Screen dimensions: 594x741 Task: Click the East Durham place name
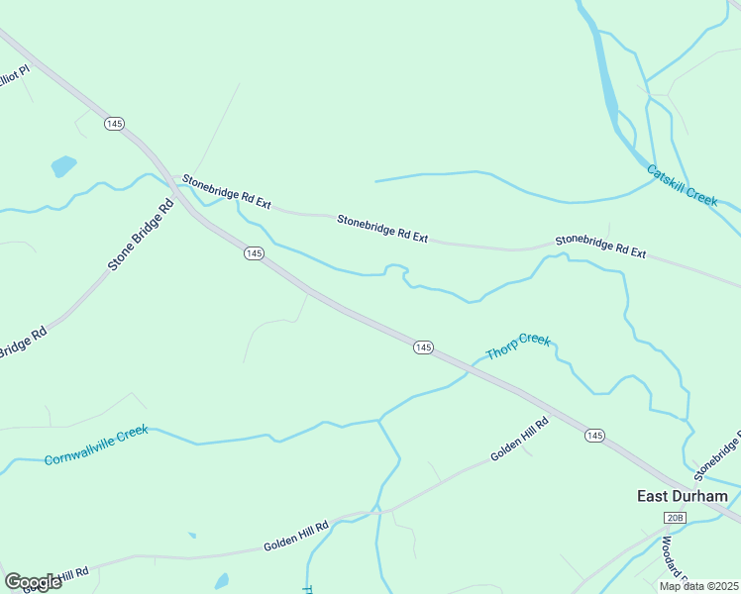point(682,496)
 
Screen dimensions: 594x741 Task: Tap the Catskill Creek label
point(682,185)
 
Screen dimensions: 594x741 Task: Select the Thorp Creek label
point(517,346)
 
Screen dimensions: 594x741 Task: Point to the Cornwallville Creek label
point(96,445)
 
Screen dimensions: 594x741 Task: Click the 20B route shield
point(676,518)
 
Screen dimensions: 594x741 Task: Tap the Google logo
point(33,582)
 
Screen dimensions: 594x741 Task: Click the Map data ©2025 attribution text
point(698,586)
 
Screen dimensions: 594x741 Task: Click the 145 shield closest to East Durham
point(594,436)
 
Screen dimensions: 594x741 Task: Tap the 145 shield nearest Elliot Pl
point(113,123)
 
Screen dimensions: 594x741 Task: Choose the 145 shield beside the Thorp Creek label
point(423,346)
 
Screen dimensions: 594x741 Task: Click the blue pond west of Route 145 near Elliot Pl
point(63,165)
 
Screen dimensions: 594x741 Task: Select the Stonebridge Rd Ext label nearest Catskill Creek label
point(600,247)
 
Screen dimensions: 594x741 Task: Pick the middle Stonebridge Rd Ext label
point(382,228)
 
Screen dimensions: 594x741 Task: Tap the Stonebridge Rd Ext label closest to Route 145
point(226,191)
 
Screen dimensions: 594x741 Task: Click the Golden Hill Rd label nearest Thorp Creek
point(519,439)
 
